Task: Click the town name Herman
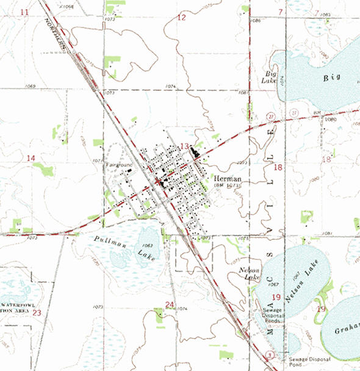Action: click(x=228, y=178)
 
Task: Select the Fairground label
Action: click(x=115, y=165)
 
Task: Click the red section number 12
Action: click(x=181, y=18)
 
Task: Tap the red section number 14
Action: click(x=30, y=158)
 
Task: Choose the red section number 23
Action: click(x=37, y=313)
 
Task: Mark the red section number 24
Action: click(x=170, y=304)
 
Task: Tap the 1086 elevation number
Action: click(x=256, y=21)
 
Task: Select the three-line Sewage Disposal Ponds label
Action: click(x=272, y=314)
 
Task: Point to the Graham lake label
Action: click(x=347, y=330)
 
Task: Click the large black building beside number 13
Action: click(x=195, y=152)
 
